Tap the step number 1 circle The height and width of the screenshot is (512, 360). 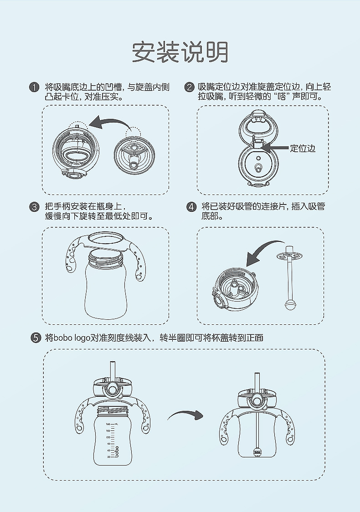coord(34,87)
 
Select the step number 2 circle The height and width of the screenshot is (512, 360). coord(189,87)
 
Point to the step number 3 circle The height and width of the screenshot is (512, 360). coord(34,207)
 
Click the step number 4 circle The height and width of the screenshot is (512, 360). coord(191,207)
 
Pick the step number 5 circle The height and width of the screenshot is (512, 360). coord(36,338)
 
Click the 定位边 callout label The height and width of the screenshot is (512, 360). coord(303,148)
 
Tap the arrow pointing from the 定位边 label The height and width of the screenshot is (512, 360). coord(274,148)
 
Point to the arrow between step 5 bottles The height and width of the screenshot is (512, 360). coord(185,415)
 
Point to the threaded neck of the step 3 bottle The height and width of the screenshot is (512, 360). coord(106,256)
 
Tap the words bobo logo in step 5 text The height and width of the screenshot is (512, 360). coord(72,338)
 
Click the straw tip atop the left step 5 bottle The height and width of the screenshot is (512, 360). coord(113,364)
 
